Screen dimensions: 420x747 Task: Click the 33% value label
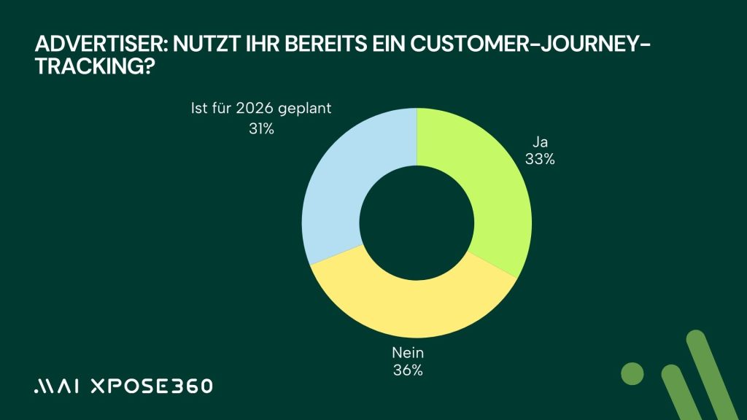point(540,159)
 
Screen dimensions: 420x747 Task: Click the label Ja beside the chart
point(541,143)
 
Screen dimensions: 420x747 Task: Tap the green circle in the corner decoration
point(632,373)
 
